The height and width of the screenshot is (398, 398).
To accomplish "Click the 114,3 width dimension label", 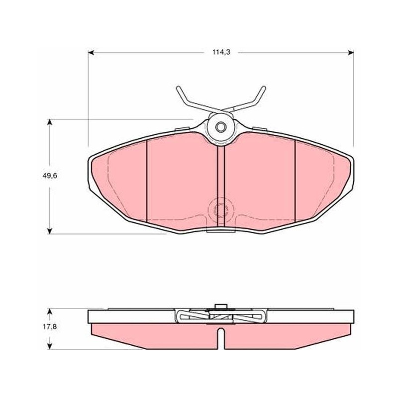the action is (x=221, y=52).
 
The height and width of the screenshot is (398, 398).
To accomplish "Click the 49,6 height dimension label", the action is (x=50, y=176).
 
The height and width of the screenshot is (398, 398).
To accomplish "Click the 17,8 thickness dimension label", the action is (x=50, y=327).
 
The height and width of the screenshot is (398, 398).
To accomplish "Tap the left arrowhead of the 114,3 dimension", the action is (x=91, y=53).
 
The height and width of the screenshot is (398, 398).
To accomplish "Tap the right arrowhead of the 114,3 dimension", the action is (x=351, y=53).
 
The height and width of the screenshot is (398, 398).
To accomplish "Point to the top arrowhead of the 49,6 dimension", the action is (x=50, y=122).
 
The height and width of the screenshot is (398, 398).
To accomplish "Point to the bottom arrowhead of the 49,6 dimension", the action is (x=50, y=231).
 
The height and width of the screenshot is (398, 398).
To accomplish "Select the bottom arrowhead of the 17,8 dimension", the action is (x=50, y=346).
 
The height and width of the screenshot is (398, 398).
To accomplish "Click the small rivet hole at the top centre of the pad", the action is (x=220, y=127).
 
